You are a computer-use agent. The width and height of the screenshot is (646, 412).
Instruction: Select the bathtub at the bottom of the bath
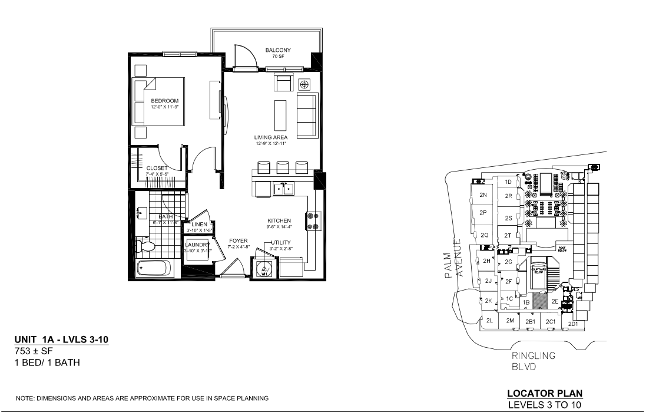pyautogui.click(x=154, y=269)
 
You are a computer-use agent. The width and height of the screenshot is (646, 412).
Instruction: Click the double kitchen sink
pyautogui.click(x=283, y=189)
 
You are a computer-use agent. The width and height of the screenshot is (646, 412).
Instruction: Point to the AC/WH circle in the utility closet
pyautogui.click(x=265, y=269)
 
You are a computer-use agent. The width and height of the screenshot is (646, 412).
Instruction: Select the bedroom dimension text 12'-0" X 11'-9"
pyautogui.click(x=164, y=107)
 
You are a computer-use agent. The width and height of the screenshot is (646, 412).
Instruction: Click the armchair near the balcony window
pyautogui.click(x=284, y=83)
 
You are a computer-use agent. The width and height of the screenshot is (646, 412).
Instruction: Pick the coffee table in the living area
pyautogui.click(x=280, y=114)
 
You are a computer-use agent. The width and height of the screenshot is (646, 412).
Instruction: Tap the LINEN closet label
pyautogui.click(x=199, y=225)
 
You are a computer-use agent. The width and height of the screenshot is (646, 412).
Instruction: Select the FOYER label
pyautogui.click(x=238, y=240)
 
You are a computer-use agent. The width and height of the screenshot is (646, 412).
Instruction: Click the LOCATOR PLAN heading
pyautogui.click(x=545, y=394)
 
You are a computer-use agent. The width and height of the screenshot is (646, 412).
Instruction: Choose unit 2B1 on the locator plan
pyautogui.click(x=530, y=322)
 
